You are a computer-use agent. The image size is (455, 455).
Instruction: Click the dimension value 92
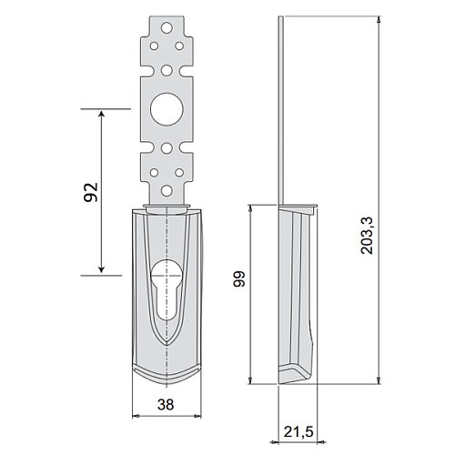tap(91, 192)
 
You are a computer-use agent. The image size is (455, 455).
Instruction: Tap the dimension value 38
tap(166, 404)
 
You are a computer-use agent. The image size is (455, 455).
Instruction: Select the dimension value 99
tap(239, 278)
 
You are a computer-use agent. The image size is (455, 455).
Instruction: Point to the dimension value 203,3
tap(368, 236)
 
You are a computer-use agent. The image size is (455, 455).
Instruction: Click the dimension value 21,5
tap(298, 431)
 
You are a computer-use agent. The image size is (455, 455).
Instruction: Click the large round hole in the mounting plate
tap(167, 109)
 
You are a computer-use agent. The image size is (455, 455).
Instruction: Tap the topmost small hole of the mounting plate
tap(167, 28)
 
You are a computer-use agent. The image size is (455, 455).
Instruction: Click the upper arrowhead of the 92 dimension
tap(102, 115)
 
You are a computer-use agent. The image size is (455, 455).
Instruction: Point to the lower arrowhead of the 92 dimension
tap(102, 268)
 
